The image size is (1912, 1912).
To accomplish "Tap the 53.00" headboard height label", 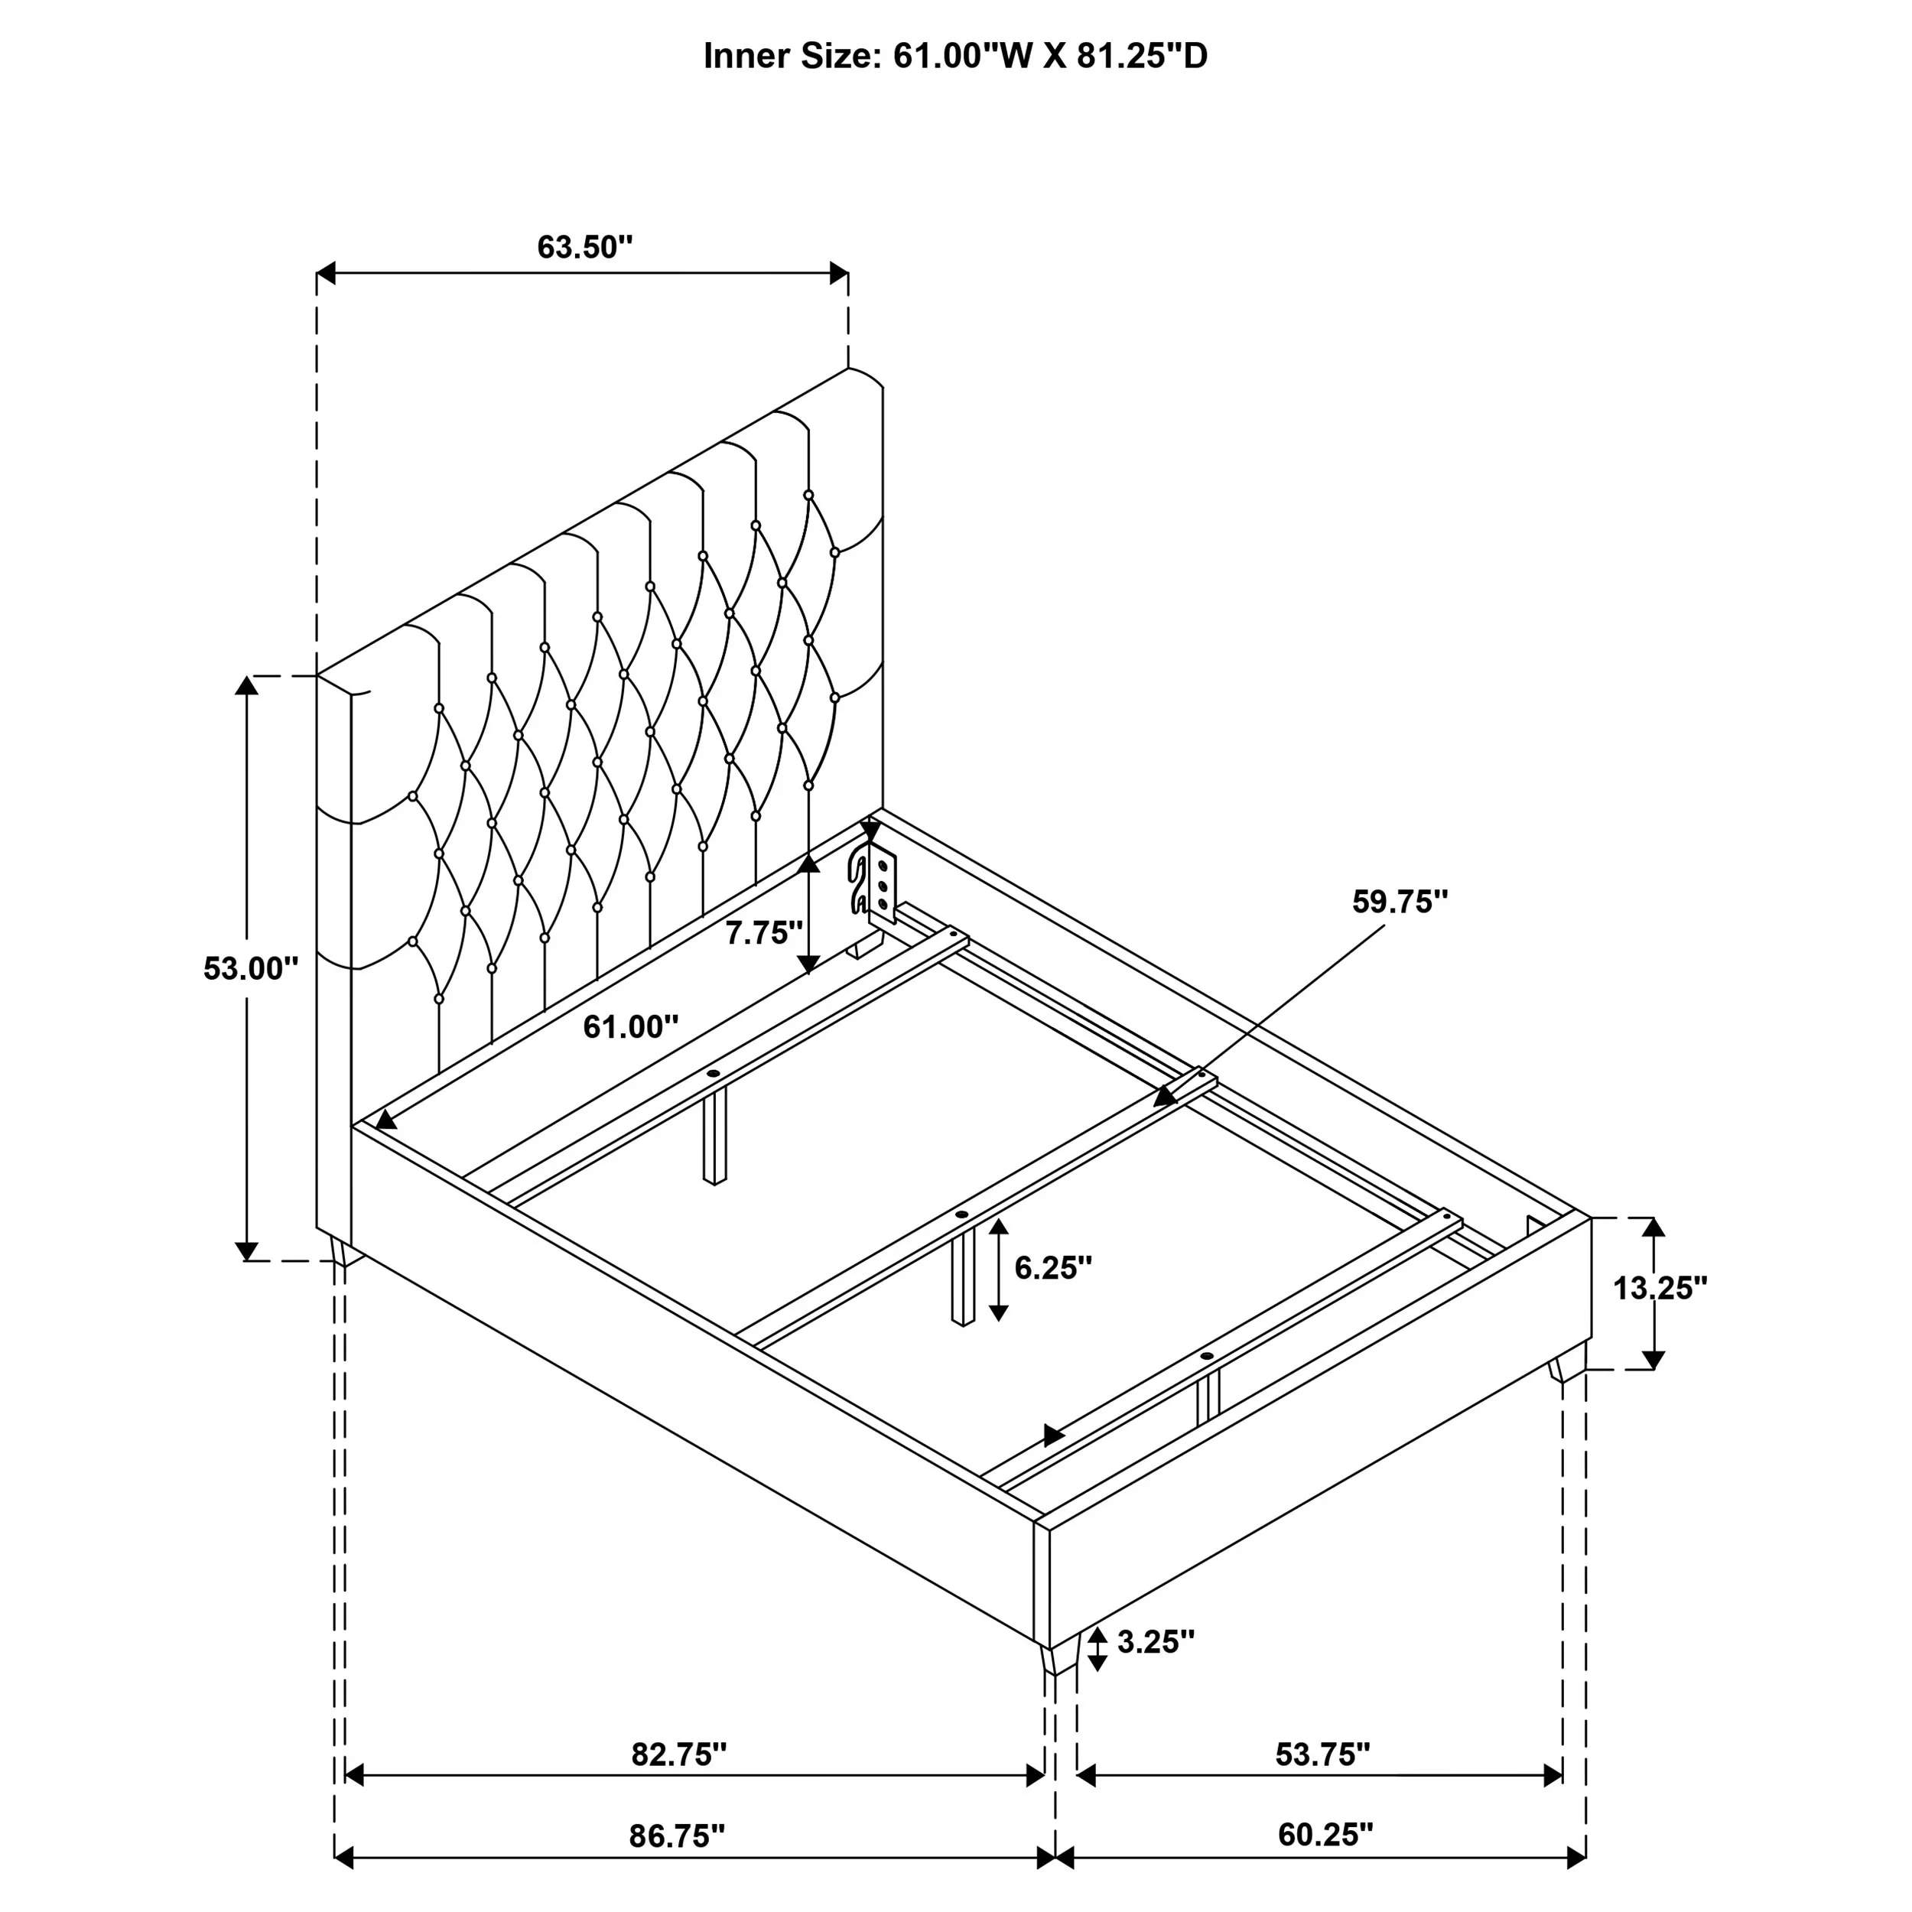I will [250, 968].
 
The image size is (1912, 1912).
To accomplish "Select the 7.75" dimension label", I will [763, 932].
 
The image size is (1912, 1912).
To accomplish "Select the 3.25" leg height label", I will [1156, 1642].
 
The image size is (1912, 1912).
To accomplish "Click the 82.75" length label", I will [679, 1754].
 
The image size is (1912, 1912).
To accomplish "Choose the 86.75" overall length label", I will [677, 1836].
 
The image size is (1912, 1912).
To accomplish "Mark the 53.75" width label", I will [1322, 1754].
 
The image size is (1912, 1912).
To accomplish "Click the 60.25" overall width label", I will [1325, 1835].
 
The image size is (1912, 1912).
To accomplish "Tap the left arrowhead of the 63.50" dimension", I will [327, 273].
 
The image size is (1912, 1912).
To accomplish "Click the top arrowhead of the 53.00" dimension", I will [246, 684].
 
